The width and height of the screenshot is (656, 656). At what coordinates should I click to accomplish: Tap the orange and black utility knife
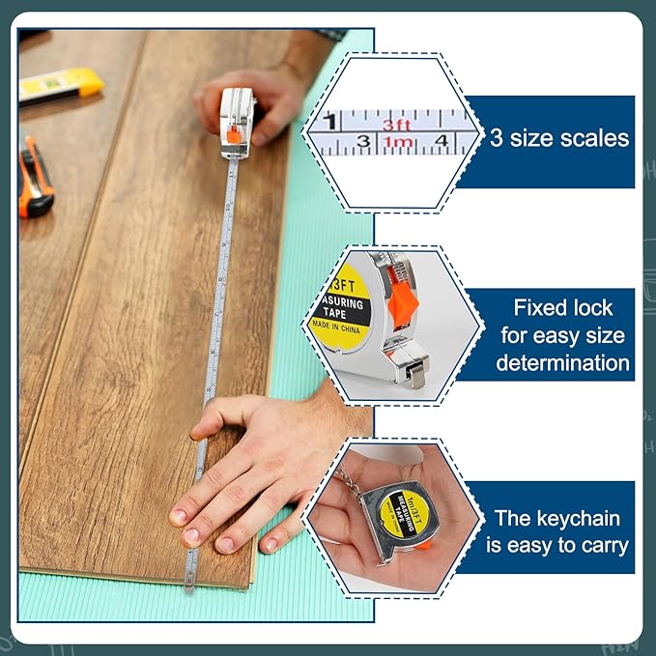coord(35,177)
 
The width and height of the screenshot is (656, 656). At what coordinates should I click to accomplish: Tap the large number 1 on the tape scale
coord(331,123)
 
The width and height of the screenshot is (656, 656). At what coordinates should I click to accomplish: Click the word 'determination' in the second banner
coord(562,363)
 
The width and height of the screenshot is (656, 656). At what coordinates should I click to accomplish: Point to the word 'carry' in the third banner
coord(600,546)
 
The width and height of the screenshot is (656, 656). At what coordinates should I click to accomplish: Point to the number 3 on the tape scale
coord(363,144)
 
